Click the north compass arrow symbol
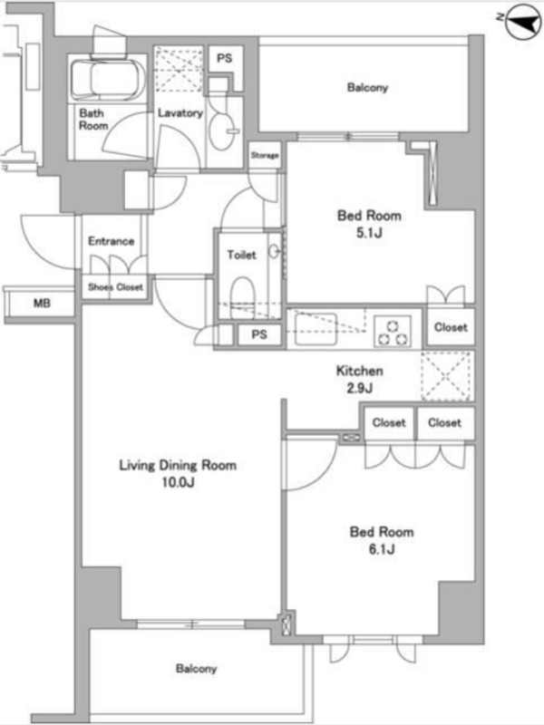point(524,21)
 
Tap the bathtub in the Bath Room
point(108,79)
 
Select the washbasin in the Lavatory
point(222,130)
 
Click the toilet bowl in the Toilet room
point(242,295)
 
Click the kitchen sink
point(316,329)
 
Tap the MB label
point(42,304)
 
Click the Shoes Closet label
point(115,287)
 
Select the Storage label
point(265,155)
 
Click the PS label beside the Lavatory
point(224,58)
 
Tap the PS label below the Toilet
point(259,333)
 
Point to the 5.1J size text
point(369,233)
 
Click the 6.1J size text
point(382,549)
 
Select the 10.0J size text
point(178,482)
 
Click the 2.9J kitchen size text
point(359,388)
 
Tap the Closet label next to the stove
point(451,327)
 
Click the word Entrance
point(111,241)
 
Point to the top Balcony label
point(367,87)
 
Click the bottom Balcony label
point(196,669)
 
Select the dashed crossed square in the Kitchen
point(447,375)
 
